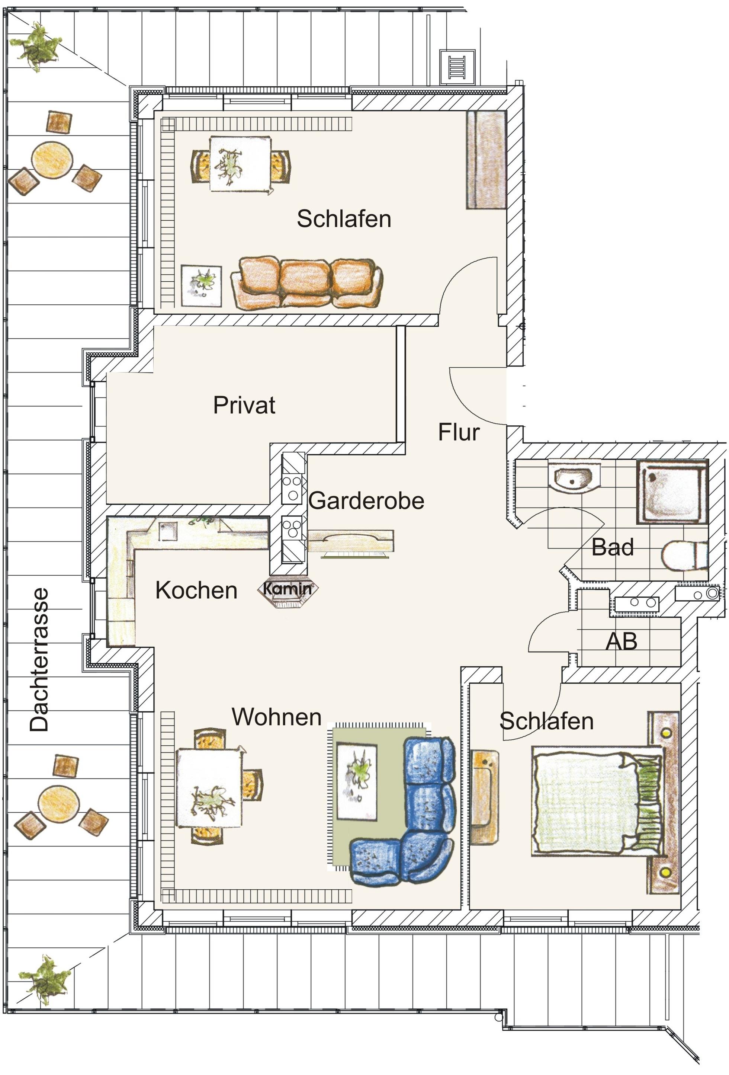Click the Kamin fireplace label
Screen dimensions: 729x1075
(x=288, y=588)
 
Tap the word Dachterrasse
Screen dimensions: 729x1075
(x=39, y=660)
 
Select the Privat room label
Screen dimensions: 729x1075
(x=244, y=405)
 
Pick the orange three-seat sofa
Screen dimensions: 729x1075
(x=306, y=283)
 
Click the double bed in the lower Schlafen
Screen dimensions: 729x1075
(x=597, y=801)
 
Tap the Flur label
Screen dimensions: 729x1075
(x=459, y=432)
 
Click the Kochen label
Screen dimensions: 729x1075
(x=196, y=591)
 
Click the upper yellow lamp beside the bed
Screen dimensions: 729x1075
(x=666, y=733)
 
